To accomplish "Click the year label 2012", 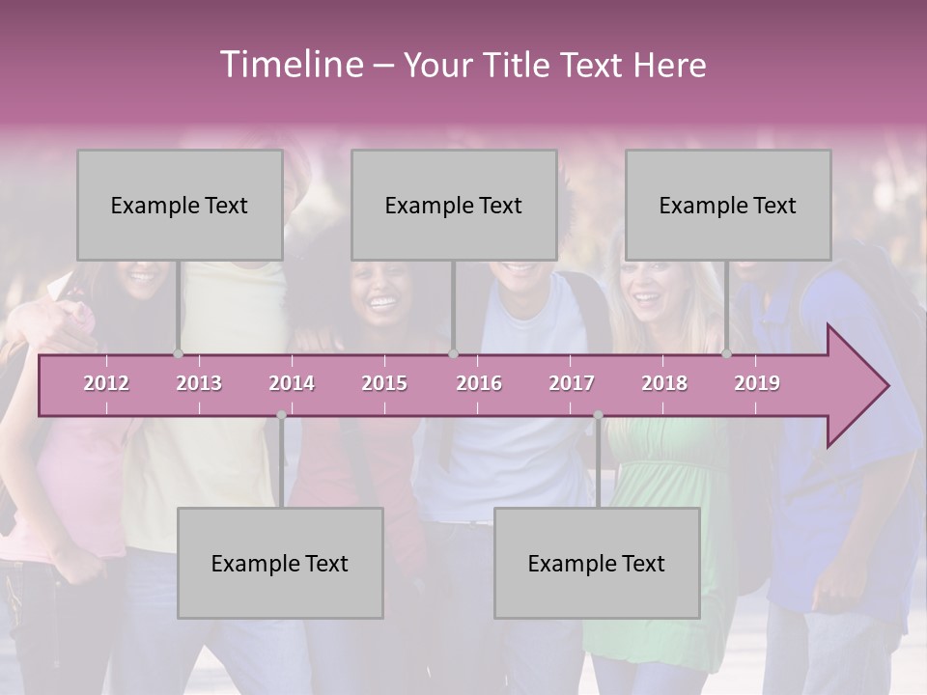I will (106, 383).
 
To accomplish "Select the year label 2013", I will (199, 383).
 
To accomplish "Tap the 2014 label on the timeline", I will (292, 383).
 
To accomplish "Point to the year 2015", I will (384, 383).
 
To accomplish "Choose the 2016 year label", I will (479, 383).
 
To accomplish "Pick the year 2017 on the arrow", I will (572, 383).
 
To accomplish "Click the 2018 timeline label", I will (664, 383).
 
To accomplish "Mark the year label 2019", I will (757, 383).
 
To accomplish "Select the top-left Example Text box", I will (180, 205).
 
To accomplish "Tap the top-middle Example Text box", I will (454, 205).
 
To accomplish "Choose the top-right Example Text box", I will (728, 205).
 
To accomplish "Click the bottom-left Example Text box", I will (280, 563).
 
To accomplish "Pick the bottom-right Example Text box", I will (597, 563).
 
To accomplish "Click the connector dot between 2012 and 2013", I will (178, 354).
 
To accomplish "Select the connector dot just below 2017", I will (598, 415).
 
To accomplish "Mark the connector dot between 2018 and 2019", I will (726, 354).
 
